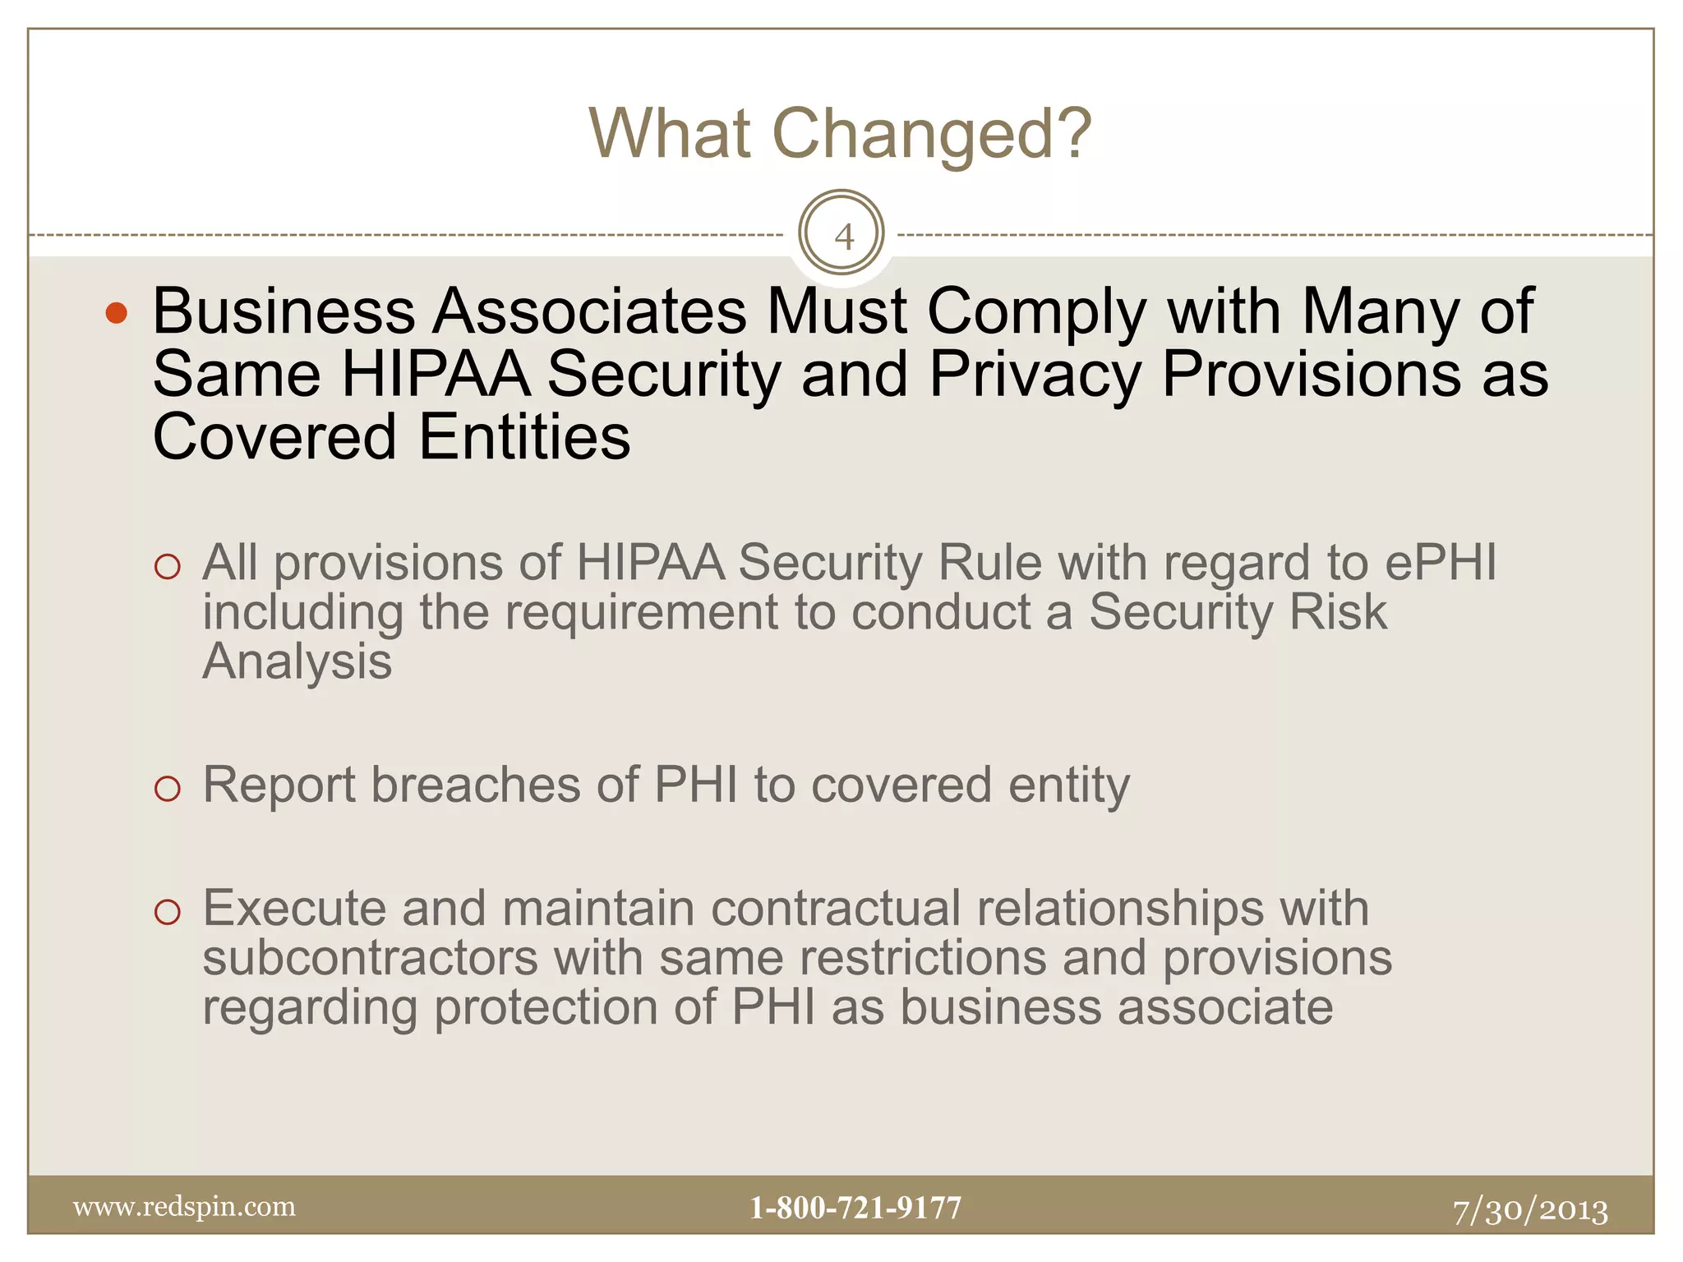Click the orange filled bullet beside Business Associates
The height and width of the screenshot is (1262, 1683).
click(x=117, y=313)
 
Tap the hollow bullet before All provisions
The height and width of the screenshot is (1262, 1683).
click(x=167, y=566)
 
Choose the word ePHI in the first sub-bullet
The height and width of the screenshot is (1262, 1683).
click(x=1441, y=564)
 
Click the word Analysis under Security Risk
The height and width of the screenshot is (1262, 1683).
click(x=297, y=661)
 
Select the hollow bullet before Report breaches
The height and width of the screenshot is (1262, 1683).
click(x=167, y=788)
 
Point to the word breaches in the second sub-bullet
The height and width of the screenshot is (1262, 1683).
click(x=476, y=785)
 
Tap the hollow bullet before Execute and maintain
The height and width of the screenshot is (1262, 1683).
click(x=167, y=912)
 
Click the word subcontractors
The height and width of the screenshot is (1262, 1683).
click(x=370, y=958)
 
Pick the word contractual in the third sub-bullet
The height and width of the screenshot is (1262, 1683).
click(x=836, y=909)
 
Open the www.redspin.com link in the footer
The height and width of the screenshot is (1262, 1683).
click(x=184, y=1206)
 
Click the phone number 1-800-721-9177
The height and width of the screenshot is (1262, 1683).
click(x=855, y=1208)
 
